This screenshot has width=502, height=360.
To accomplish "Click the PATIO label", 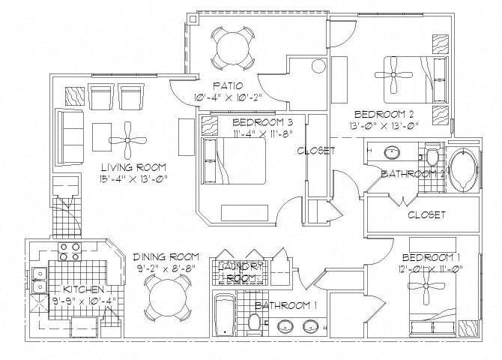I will [226, 85].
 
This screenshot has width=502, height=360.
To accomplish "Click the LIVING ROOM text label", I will [134, 166].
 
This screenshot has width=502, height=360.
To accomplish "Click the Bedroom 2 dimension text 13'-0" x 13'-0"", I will [386, 126].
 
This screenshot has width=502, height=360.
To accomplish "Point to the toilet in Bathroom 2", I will [431, 156].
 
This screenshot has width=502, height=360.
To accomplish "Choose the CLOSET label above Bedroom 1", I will [426, 214].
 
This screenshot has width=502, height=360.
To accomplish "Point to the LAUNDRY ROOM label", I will [241, 271].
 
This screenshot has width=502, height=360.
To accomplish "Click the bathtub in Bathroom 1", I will [223, 315].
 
